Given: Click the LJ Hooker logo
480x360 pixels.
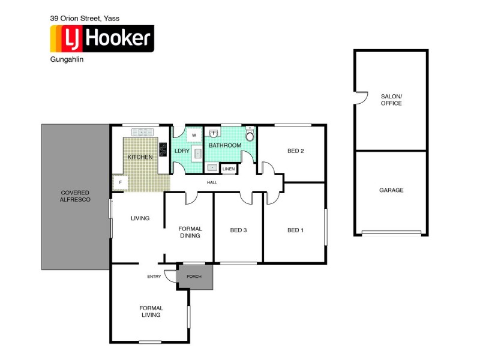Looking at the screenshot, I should tap(101, 39).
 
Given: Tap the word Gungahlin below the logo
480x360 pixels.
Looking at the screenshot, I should tap(66, 59).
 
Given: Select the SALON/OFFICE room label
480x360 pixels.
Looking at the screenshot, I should tap(391, 100).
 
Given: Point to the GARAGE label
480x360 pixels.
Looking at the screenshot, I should tap(391, 190).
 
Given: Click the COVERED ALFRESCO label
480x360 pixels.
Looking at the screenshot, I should tap(76, 196).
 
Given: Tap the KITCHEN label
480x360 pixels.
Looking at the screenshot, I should tap(140, 157).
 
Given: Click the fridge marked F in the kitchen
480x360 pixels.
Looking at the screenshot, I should tap(121, 182).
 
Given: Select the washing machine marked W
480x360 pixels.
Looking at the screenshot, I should tap(194, 136).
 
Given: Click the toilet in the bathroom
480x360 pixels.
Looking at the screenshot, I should tap(250, 136).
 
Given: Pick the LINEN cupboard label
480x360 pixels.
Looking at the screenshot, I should tap(229, 170).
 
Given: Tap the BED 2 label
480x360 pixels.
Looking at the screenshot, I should tap(296, 151).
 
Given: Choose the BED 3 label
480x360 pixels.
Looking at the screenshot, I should tap(239, 230).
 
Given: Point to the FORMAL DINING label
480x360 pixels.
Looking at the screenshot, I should tap(190, 232).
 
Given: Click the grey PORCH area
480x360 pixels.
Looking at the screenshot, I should tap(194, 277).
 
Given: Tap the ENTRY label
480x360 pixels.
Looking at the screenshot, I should tap(154, 277).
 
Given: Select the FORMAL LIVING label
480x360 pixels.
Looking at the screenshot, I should tap(151, 311).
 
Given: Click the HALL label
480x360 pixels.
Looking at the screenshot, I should tap(212, 182).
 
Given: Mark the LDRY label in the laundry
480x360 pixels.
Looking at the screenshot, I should tap(182, 151).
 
